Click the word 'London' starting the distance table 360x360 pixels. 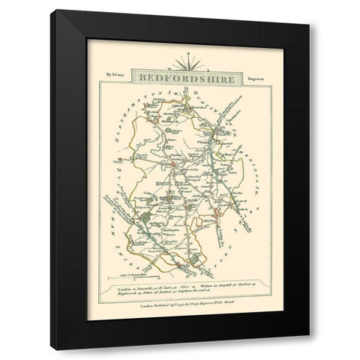tap(125, 289)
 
